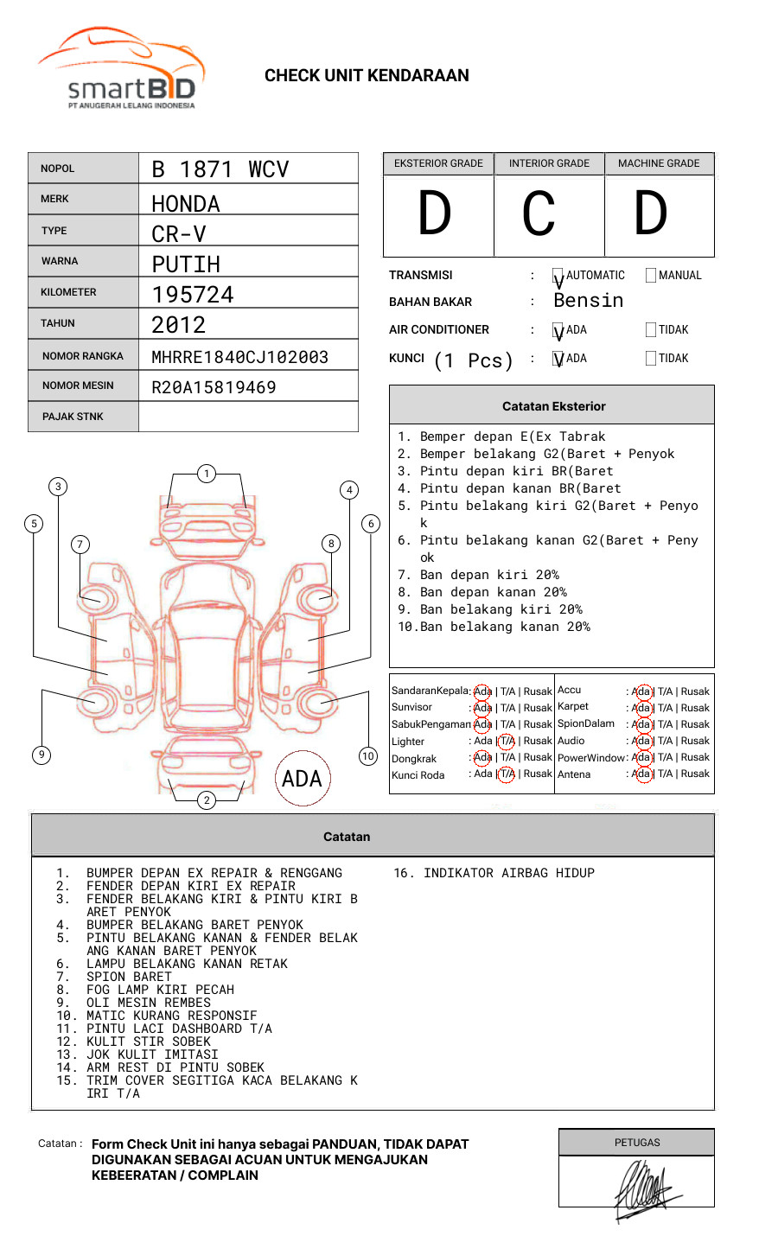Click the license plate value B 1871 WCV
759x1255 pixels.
pos(220,169)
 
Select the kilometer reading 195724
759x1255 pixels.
pos(193,295)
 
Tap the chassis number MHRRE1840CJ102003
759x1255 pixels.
pos(239,357)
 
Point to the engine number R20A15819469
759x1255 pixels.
pos(214,387)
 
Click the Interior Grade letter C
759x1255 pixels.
pos(539,214)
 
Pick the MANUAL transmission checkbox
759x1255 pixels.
pos(651,276)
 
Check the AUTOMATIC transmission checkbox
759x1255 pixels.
pos(558,277)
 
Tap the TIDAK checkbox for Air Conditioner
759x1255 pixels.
pos(651,330)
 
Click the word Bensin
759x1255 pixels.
pos(588,301)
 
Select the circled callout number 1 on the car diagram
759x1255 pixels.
pos(206,474)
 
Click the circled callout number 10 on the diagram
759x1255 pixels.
pos(368,756)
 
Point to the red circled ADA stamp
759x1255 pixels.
pos(302,779)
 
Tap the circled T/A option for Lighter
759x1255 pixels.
pos(507,741)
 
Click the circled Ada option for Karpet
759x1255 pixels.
pos(641,708)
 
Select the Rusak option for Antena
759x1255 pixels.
pos(695,774)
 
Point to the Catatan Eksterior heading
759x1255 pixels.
pos(553,406)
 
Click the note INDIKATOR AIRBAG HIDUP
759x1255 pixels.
pos(494,873)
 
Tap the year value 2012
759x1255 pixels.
pos(178,325)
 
